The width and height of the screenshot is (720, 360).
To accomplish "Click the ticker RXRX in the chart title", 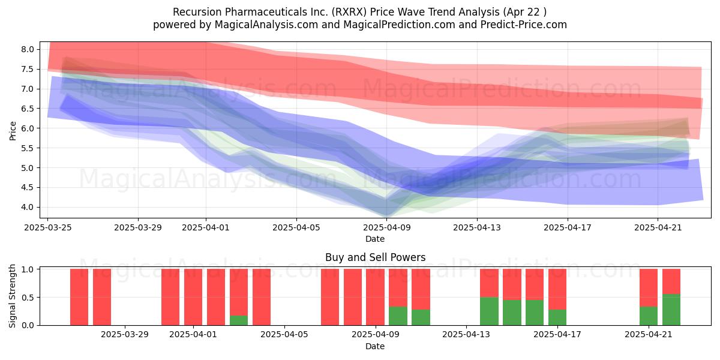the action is click(x=349, y=12).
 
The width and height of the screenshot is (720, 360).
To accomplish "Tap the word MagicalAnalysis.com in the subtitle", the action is click(x=266, y=25).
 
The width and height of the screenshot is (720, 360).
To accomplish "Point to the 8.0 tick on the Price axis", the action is click(x=28, y=49).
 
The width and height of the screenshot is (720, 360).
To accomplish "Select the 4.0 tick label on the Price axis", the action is click(x=28, y=207).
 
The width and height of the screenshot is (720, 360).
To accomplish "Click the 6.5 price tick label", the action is click(x=28, y=109).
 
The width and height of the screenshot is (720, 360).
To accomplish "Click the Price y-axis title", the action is click(x=13, y=131).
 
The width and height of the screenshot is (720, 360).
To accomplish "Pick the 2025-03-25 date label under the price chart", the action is click(x=48, y=227).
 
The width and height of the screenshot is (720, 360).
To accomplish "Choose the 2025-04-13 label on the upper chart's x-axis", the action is click(x=477, y=227).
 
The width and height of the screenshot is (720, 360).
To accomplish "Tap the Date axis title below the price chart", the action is click(x=375, y=239).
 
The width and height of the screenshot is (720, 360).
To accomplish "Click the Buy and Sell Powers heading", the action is click(x=375, y=257).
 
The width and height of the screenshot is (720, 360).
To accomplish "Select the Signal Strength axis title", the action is click(x=12, y=296).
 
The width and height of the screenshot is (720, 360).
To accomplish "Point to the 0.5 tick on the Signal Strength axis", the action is click(x=28, y=298).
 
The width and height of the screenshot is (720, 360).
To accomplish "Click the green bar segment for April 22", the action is click(x=671, y=310).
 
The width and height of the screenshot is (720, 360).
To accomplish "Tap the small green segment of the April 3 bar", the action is click(x=239, y=320).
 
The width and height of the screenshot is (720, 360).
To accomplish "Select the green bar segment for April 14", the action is click(x=489, y=311).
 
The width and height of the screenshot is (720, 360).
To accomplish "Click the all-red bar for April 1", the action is click(x=193, y=297).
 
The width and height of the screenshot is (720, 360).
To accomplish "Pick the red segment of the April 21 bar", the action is click(x=649, y=288).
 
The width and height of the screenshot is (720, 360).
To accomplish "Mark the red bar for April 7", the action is click(x=330, y=297).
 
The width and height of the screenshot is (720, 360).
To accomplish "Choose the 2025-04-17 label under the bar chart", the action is click(x=557, y=335).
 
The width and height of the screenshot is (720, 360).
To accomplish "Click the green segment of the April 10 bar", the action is click(x=398, y=316).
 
